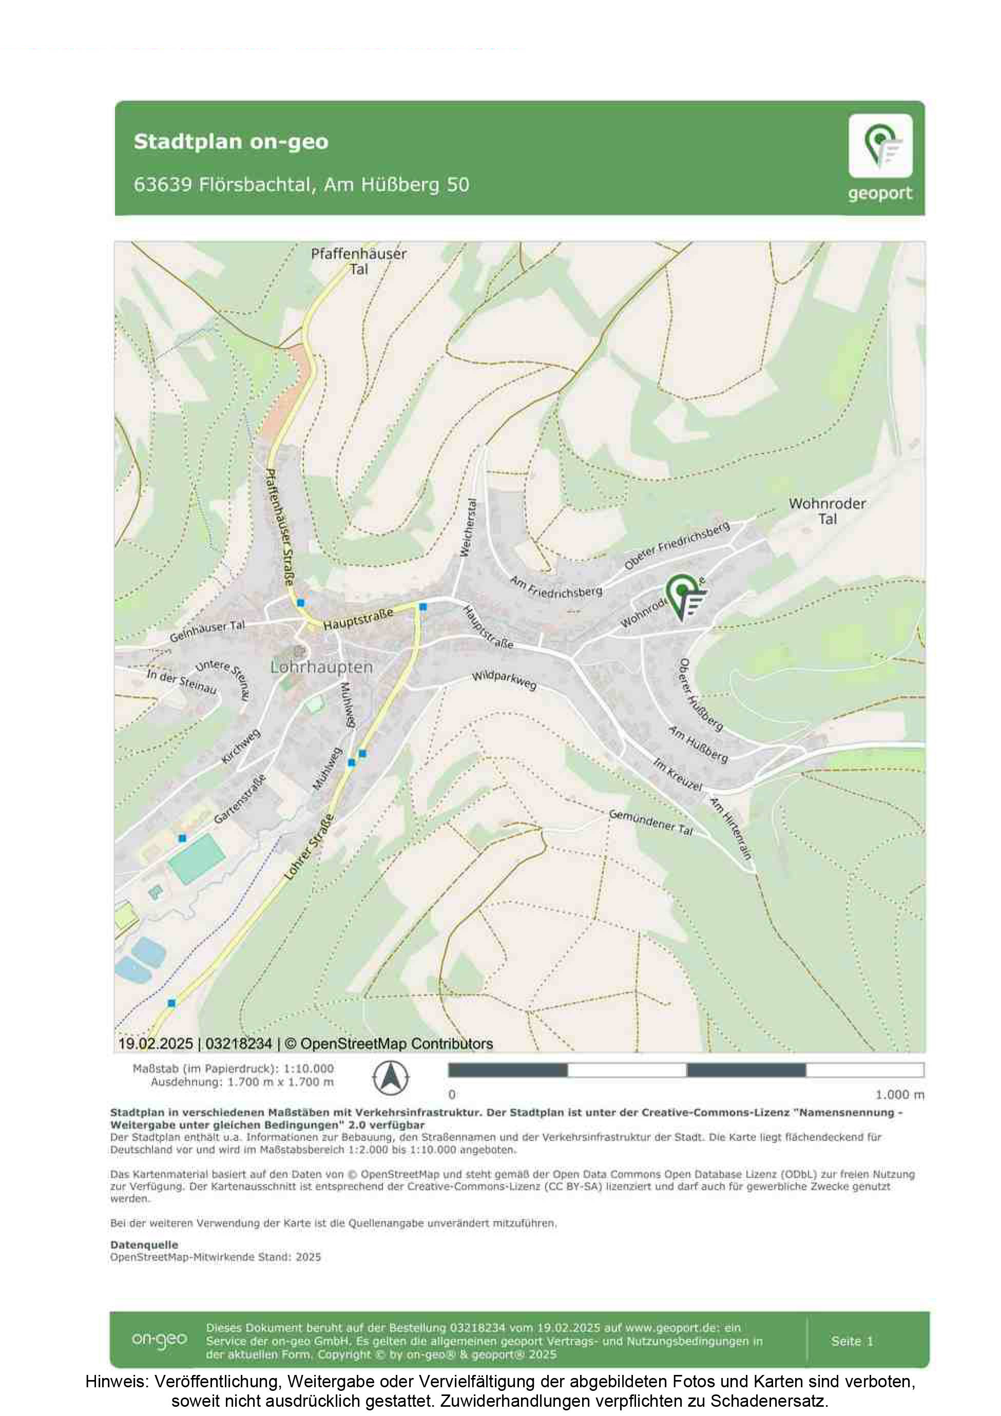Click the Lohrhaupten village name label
(x=321, y=667)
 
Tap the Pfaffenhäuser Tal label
(x=358, y=261)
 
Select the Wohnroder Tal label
(x=827, y=511)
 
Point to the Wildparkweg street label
(x=504, y=680)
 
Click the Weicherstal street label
(x=469, y=527)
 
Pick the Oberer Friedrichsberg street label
(x=677, y=545)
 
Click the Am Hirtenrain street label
(x=731, y=828)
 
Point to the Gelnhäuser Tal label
(x=207, y=631)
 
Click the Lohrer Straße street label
(x=309, y=847)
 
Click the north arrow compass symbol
(x=391, y=1079)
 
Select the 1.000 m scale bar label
(x=900, y=1095)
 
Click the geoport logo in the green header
(x=880, y=157)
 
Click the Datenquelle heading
(x=144, y=1245)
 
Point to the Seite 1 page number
(x=852, y=1340)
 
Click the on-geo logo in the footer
(x=159, y=1340)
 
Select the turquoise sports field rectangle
(x=196, y=858)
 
